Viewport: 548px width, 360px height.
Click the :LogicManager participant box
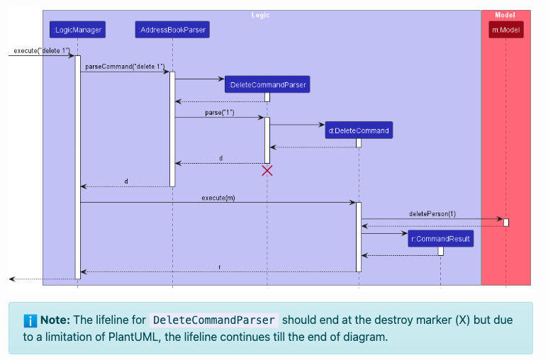pyautogui.click(x=77, y=30)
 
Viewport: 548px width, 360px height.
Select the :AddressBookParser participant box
pyautogui.click(x=172, y=30)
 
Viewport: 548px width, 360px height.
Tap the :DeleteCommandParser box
pyautogui.click(x=267, y=85)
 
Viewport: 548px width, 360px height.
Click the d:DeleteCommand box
pyautogui.click(x=359, y=130)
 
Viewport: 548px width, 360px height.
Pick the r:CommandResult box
pyautogui.click(x=440, y=239)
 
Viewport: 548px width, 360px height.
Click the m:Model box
pyautogui.click(x=506, y=30)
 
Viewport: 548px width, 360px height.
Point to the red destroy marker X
pyautogui.click(x=267, y=170)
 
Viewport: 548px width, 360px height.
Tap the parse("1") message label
pyautogui.click(x=220, y=113)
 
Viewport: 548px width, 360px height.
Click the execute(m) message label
pyautogui.click(x=218, y=198)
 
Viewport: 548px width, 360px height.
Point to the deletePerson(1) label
pyautogui.click(x=432, y=213)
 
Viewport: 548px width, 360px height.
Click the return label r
pyautogui.click(x=219, y=267)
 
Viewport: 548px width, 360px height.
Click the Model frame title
pyautogui.click(x=505, y=15)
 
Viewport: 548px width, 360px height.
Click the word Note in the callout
pyautogui.click(x=54, y=320)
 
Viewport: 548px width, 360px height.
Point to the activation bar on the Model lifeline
pyautogui.click(x=506, y=223)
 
